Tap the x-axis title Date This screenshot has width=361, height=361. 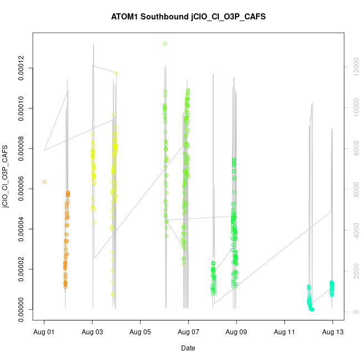(188, 348)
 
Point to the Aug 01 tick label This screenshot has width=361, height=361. (44, 332)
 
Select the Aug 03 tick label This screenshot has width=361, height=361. (92, 332)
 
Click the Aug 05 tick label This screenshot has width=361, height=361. (141, 332)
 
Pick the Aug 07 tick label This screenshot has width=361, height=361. (188, 332)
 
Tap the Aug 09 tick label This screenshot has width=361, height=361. (237, 332)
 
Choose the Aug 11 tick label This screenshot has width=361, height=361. (284, 332)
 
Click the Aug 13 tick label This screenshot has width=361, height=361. (333, 332)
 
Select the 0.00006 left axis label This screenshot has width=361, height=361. (22, 189)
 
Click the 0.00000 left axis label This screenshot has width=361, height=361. (22, 309)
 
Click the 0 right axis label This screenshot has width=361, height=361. (354, 312)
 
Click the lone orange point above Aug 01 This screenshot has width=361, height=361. (44, 182)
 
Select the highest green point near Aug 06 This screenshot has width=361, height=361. (165, 43)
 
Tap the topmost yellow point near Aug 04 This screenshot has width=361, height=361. (116, 73)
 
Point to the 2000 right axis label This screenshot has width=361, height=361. (354, 271)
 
